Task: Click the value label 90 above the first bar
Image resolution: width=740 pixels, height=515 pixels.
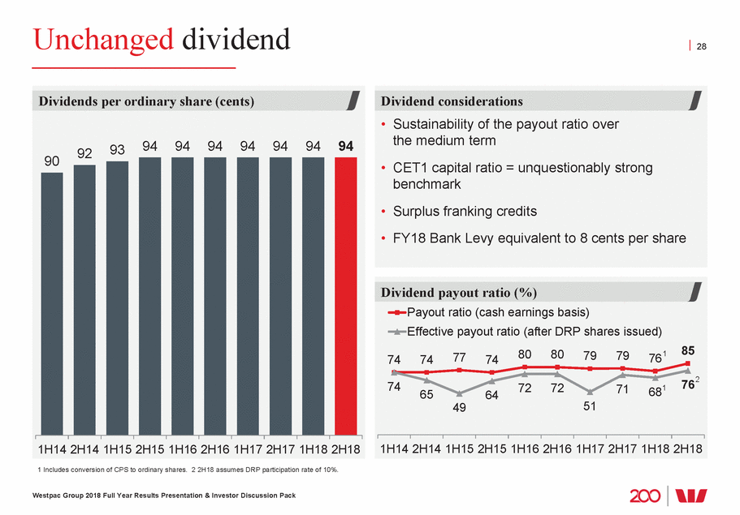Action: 52,161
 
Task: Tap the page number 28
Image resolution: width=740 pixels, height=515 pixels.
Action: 702,47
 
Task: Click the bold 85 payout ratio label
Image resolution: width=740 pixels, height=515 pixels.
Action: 689,352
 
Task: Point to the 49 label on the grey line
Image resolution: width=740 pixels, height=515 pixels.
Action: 459,408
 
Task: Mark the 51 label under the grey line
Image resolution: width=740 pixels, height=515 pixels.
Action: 590,407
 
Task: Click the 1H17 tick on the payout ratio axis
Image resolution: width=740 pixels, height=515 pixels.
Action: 590,448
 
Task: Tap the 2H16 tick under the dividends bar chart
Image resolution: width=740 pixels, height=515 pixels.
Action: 215,448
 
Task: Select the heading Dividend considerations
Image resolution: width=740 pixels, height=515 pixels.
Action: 453,101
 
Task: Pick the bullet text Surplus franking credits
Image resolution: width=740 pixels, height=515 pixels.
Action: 465,212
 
